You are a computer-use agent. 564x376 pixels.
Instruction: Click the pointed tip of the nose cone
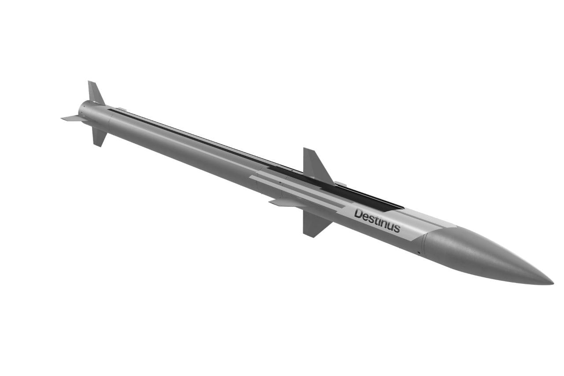pos(553,284)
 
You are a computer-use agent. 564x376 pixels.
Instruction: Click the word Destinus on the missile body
pos(377,221)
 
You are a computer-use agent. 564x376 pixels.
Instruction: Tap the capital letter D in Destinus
pos(359,214)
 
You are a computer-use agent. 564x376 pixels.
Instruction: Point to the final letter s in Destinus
pos(397,228)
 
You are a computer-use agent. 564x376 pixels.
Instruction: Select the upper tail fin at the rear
pos(95,93)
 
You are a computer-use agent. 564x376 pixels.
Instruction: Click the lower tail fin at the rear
pos(99,137)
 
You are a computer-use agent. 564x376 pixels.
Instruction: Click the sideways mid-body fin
pos(287,203)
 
